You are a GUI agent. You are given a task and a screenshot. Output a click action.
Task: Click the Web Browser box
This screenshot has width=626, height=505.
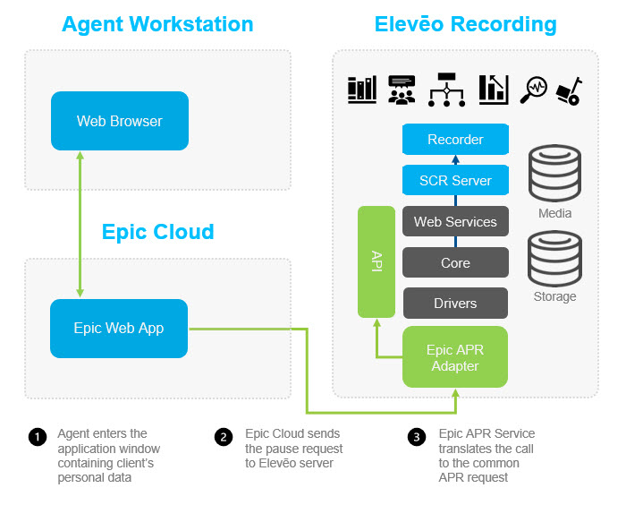[x=120, y=121]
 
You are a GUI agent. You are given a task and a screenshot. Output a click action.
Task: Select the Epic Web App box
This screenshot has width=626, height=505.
[x=119, y=329]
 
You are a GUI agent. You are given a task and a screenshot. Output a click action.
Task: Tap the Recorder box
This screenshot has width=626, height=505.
[x=455, y=140]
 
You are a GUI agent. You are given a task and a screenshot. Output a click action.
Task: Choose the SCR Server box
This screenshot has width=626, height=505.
[x=455, y=180]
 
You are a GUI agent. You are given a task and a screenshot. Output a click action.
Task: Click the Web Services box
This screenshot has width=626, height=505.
[x=455, y=222]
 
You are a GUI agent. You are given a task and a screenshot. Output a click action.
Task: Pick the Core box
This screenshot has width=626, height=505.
[x=455, y=263]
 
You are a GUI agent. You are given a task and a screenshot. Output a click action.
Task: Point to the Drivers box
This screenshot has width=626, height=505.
[x=455, y=304]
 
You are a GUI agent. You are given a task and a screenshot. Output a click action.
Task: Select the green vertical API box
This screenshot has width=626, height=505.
[x=376, y=262]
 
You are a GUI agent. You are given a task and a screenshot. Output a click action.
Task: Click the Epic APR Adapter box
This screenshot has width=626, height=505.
[x=455, y=357]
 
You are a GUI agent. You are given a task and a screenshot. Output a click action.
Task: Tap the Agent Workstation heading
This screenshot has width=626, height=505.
[x=157, y=24]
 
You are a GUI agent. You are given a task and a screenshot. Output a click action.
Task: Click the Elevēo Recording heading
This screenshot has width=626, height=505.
[x=465, y=24]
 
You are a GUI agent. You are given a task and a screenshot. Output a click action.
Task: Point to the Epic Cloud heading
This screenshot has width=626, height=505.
[x=157, y=232]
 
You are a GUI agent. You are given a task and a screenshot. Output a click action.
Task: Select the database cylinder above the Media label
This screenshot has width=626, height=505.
[x=554, y=173]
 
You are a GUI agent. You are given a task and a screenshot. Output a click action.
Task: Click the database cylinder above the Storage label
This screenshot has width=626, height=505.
[x=554, y=257]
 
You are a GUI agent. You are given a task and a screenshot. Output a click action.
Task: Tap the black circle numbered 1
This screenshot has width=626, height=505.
[x=37, y=437]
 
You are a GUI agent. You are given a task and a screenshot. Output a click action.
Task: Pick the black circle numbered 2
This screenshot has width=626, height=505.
[x=224, y=437]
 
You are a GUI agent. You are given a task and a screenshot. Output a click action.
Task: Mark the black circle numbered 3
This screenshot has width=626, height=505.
[x=417, y=437]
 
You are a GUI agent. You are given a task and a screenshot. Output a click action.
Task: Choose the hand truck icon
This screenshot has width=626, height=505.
[x=570, y=89]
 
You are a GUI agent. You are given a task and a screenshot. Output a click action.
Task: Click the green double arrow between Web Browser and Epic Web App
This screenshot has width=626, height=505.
[x=81, y=224]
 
